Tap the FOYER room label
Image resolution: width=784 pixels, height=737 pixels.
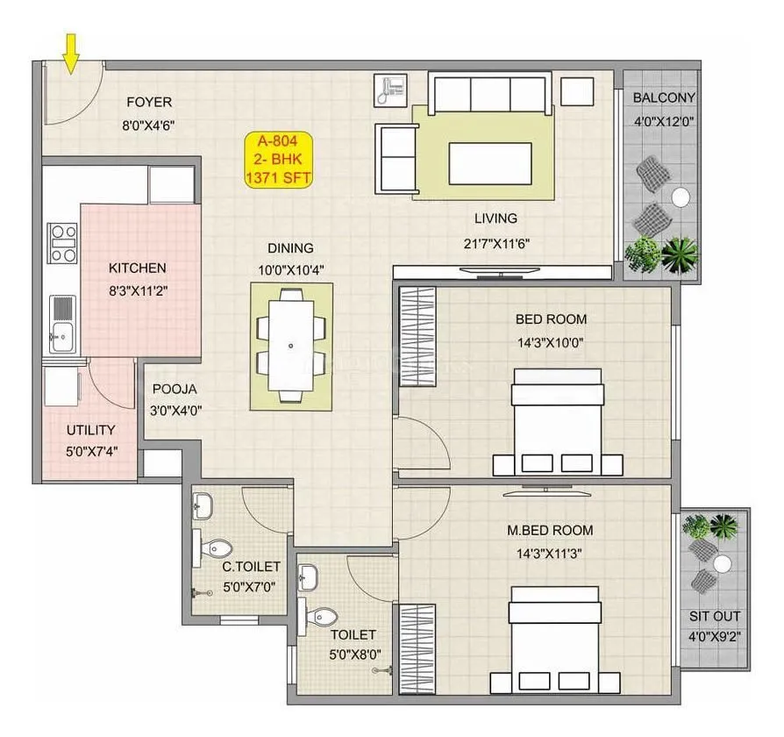(x=148, y=102)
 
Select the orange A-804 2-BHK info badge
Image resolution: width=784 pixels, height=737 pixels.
(x=278, y=159)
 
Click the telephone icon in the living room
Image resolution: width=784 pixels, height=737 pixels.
(x=388, y=88)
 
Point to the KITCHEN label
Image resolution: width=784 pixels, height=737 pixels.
(x=137, y=268)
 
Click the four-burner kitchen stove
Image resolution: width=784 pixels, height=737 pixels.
(x=62, y=243)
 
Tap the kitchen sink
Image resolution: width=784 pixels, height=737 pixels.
(x=62, y=324)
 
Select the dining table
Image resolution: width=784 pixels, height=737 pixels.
(x=291, y=346)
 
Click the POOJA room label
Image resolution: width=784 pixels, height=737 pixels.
(x=175, y=389)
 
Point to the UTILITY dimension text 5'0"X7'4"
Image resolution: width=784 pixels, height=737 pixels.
(x=91, y=451)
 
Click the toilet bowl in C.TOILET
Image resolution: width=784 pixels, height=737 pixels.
(x=212, y=548)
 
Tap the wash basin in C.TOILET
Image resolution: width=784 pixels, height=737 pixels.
(x=203, y=504)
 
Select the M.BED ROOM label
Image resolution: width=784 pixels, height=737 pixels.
(x=550, y=530)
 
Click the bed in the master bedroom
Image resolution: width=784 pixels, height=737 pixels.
(x=555, y=636)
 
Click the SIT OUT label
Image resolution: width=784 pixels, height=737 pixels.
(x=715, y=616)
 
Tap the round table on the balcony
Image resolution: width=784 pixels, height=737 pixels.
(x=680, y=197)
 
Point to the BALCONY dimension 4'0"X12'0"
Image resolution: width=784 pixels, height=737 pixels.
(x=664, y=122)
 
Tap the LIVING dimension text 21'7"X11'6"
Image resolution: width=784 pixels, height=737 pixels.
(x=495, y=243)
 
